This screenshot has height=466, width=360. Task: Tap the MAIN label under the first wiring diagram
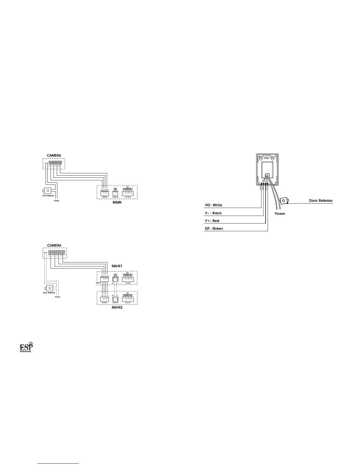[x=117, y=202]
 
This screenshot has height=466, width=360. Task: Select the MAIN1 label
[x=117, y=266]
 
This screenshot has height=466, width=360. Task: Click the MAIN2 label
[x=117, y=308]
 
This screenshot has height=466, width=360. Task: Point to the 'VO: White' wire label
[x=213, y=205]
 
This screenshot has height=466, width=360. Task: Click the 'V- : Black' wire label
[x=213, y=213]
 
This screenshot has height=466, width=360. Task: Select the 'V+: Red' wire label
[x=212, y=221]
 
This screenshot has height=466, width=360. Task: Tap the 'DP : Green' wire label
[x=214, y=229]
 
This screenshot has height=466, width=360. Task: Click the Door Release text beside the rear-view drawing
[x=321, y=201]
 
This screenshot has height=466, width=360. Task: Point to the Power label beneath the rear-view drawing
[x=280, y=214]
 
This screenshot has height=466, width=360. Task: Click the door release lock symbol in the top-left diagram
[x=48, y=191]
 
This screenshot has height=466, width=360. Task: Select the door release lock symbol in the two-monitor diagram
[x=49, y=288]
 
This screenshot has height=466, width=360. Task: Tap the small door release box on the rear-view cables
[x=284, y=201]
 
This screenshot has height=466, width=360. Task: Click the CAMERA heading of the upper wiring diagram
[x=54, y=155]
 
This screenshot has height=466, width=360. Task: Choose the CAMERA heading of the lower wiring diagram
[x=54, y=245]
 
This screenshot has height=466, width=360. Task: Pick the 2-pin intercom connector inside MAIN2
[x=115, y=299]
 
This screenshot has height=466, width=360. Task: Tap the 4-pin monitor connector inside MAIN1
[x=105, y=279]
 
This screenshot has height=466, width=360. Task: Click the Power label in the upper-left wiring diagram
[x=56, y=201]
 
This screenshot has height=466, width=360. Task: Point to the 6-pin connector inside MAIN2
[x=128, y=299]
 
